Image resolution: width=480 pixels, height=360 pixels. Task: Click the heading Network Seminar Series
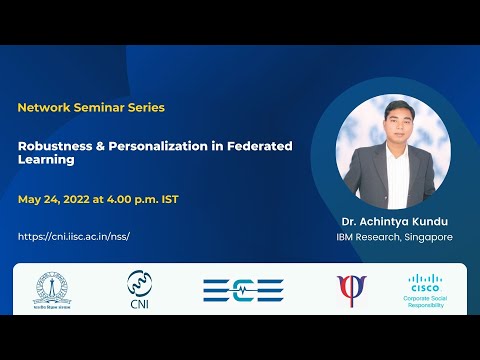pos(92,106)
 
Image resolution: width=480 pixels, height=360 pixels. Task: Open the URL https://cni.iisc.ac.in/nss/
pos(75,237)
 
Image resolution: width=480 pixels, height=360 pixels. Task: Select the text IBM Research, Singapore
pos(395,237)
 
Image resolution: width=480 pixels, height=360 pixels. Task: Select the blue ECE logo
pos(243,291)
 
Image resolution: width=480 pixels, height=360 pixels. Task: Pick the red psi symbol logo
pos(352,290)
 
